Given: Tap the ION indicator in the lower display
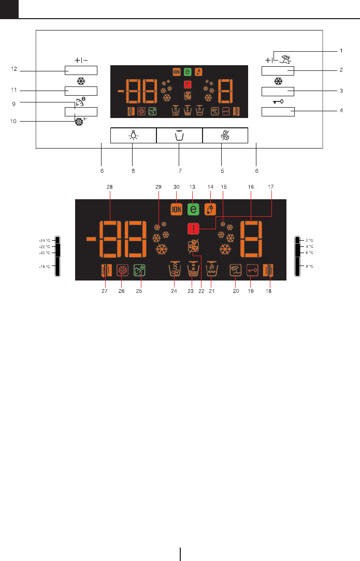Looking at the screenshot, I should point(177,209).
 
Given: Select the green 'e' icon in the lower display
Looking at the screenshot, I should point(194,209).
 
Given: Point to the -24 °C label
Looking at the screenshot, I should point(46,241).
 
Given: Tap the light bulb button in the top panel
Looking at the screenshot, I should point(133,135).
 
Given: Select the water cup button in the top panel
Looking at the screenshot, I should point(179,135).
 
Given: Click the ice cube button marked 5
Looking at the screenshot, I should point(225,135).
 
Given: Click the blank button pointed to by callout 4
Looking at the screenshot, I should point(278,111).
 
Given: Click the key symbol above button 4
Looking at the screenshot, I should point(278,102).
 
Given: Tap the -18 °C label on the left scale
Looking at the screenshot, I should point(46,266).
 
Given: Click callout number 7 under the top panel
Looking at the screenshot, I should point(179,170).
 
